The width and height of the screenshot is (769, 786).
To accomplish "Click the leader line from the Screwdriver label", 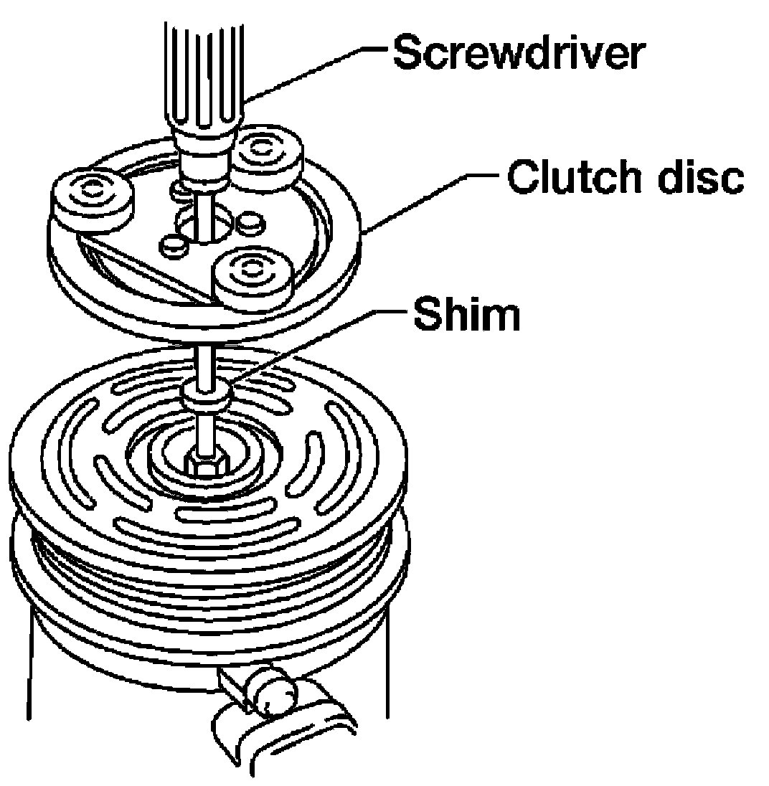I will [316, 72].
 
